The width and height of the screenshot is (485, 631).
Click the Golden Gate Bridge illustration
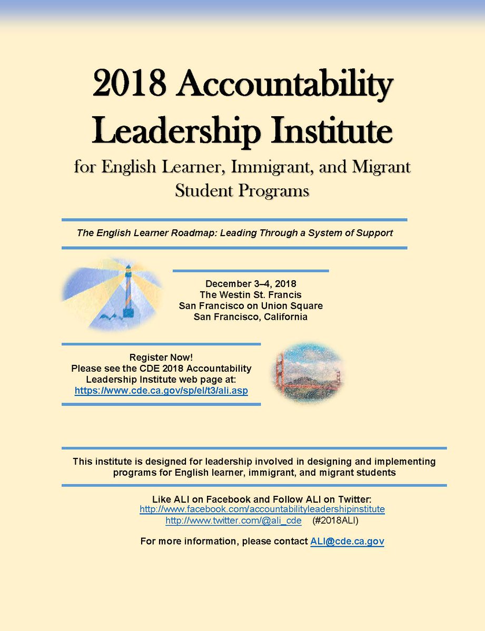pyautogui.click(x=304, y=373)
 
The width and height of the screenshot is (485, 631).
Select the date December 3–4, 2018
pyautogui.click(x=251, y=284)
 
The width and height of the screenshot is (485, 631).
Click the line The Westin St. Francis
pyautogui.click(x=251, y=295)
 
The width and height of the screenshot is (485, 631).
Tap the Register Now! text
pyautogui.click(x=161, y=358)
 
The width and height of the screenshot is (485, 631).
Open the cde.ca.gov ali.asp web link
pyautogui.click(x=161, y=391)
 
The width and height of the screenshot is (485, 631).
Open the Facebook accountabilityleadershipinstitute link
pyautogui.click(x=262, y=509)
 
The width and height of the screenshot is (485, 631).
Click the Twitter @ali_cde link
pyautogui.click(x=233, y=521)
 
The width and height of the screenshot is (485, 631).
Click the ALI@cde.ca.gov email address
pyautogui.click(x=347, y=541)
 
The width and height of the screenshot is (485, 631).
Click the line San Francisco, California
pyautogui.click(x=251, y=317)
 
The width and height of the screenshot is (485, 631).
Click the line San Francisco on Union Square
pyautogui.click(x=251, y=306)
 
